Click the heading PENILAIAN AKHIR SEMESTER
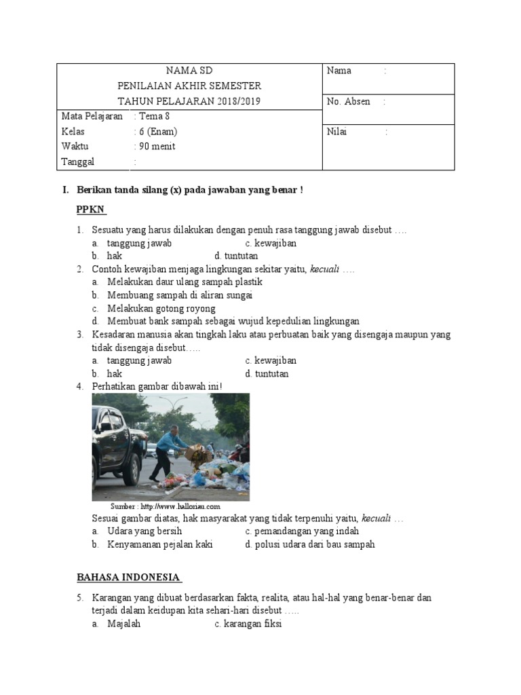coord(189,86)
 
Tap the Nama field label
coord(339,71)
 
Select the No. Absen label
coord(349,102)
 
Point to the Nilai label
coord(337,132)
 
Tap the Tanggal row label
coord(78,162)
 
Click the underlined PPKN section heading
coord(92,210)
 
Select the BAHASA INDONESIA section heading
coord(128,578)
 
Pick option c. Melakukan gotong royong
coord(161,308)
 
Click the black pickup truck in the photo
coord(119,445)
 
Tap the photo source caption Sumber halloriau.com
coord(166,506)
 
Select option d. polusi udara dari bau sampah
coord(310,544)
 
